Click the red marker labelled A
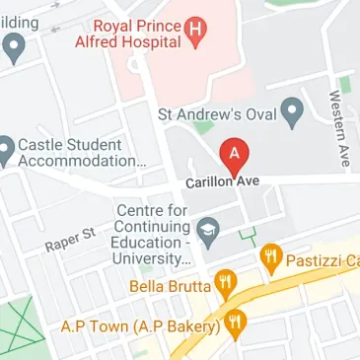pos(234,155)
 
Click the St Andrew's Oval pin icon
pos(291,113)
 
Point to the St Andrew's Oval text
pos(217,114)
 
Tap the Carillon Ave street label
pos(223,182)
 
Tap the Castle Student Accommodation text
pos(81,152)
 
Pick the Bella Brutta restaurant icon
pos(227,286)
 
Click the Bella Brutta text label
pos(170,287)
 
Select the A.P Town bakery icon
pos(235,322)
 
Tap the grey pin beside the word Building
pos(14,45)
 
